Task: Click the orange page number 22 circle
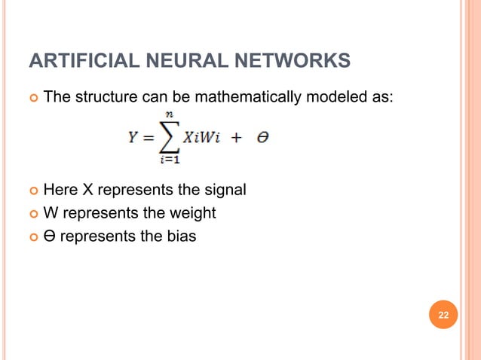443,314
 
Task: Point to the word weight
195,213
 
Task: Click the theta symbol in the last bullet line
49,236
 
